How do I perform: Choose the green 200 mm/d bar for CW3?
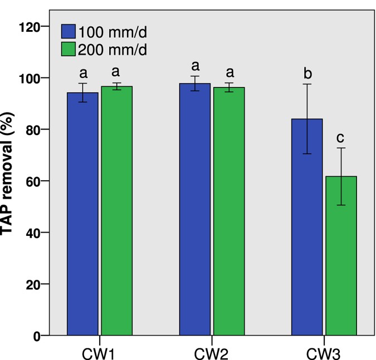[x=341, y=256]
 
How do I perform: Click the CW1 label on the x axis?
[x=99, y=352]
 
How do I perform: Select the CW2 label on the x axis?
[x=212, y=352]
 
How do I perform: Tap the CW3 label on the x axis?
[x=324, y=352]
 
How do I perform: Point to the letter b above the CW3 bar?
[x=307, y=72]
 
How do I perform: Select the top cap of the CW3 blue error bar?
[x=307, y=84]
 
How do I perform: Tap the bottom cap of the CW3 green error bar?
[x=341, y=205]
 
